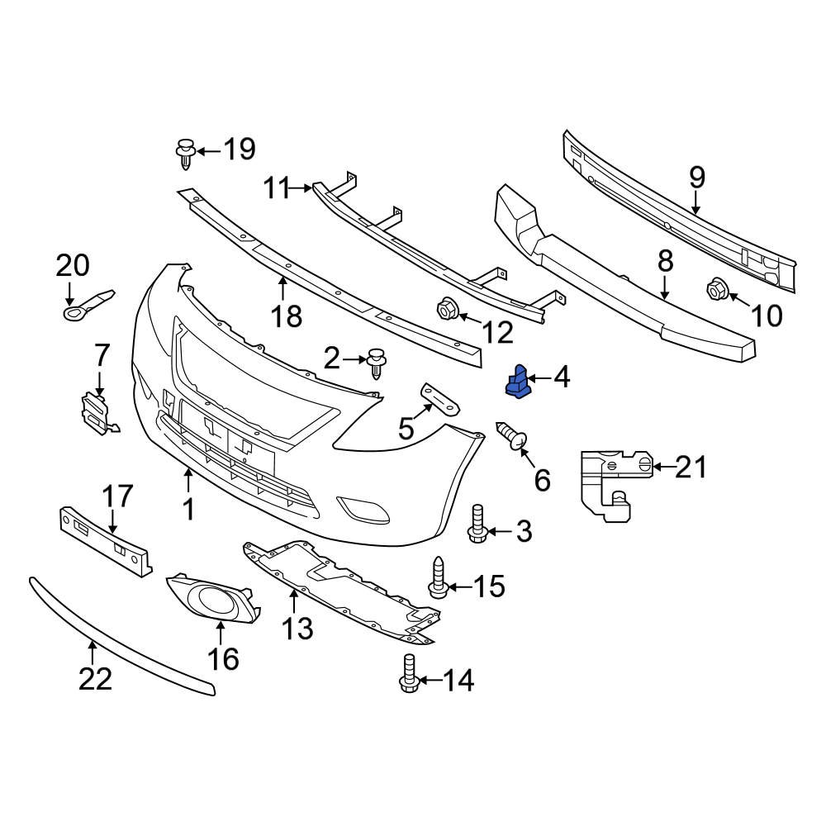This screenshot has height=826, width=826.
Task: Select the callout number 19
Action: pos(239,150)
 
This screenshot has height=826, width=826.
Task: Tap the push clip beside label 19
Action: pos(185,154)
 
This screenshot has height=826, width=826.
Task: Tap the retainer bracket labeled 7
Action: pos(95,413)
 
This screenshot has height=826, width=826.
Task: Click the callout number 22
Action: pos(94,678)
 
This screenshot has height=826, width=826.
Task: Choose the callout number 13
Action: pos(297,629)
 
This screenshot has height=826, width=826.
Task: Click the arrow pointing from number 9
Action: pos(696,202)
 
